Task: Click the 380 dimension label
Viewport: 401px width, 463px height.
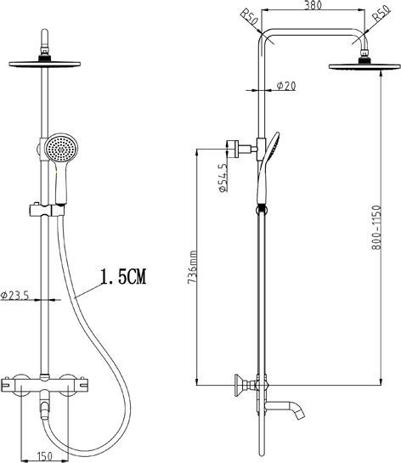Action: click(313, 5)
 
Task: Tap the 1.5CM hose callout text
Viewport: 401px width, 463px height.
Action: click(123, 276)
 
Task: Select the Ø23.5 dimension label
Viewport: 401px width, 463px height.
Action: click(14, 295)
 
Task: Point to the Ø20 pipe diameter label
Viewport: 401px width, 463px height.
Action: click(286, 86)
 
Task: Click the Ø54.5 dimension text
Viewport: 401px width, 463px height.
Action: click(223, 178)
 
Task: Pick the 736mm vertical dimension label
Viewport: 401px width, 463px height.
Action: click(193, 268)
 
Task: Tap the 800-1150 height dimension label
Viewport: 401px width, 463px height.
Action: click(376, 228)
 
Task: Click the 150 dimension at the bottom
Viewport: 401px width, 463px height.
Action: click(45, 456)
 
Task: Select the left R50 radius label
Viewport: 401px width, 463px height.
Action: click(249, 18)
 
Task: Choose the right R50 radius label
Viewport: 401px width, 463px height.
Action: click(381, 14)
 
